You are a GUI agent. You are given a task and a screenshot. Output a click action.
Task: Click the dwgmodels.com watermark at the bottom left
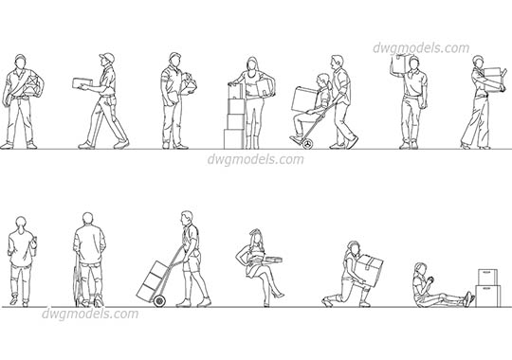(90, 314)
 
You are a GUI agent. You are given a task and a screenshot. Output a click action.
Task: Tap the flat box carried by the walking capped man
(85, 83)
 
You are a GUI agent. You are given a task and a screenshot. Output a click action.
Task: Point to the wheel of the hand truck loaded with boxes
(158, 301)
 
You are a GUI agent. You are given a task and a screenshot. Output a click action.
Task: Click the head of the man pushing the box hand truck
(188, 219)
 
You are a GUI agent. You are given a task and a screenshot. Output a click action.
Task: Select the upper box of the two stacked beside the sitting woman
(487, 275)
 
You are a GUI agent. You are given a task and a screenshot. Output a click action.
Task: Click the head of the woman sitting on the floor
(418, 270)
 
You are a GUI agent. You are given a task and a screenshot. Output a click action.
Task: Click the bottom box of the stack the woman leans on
(233, 137)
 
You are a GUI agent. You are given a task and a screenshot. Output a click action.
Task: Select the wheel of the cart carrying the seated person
(306, 143)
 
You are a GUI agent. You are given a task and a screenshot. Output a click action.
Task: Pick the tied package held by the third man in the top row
(190, 83)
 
